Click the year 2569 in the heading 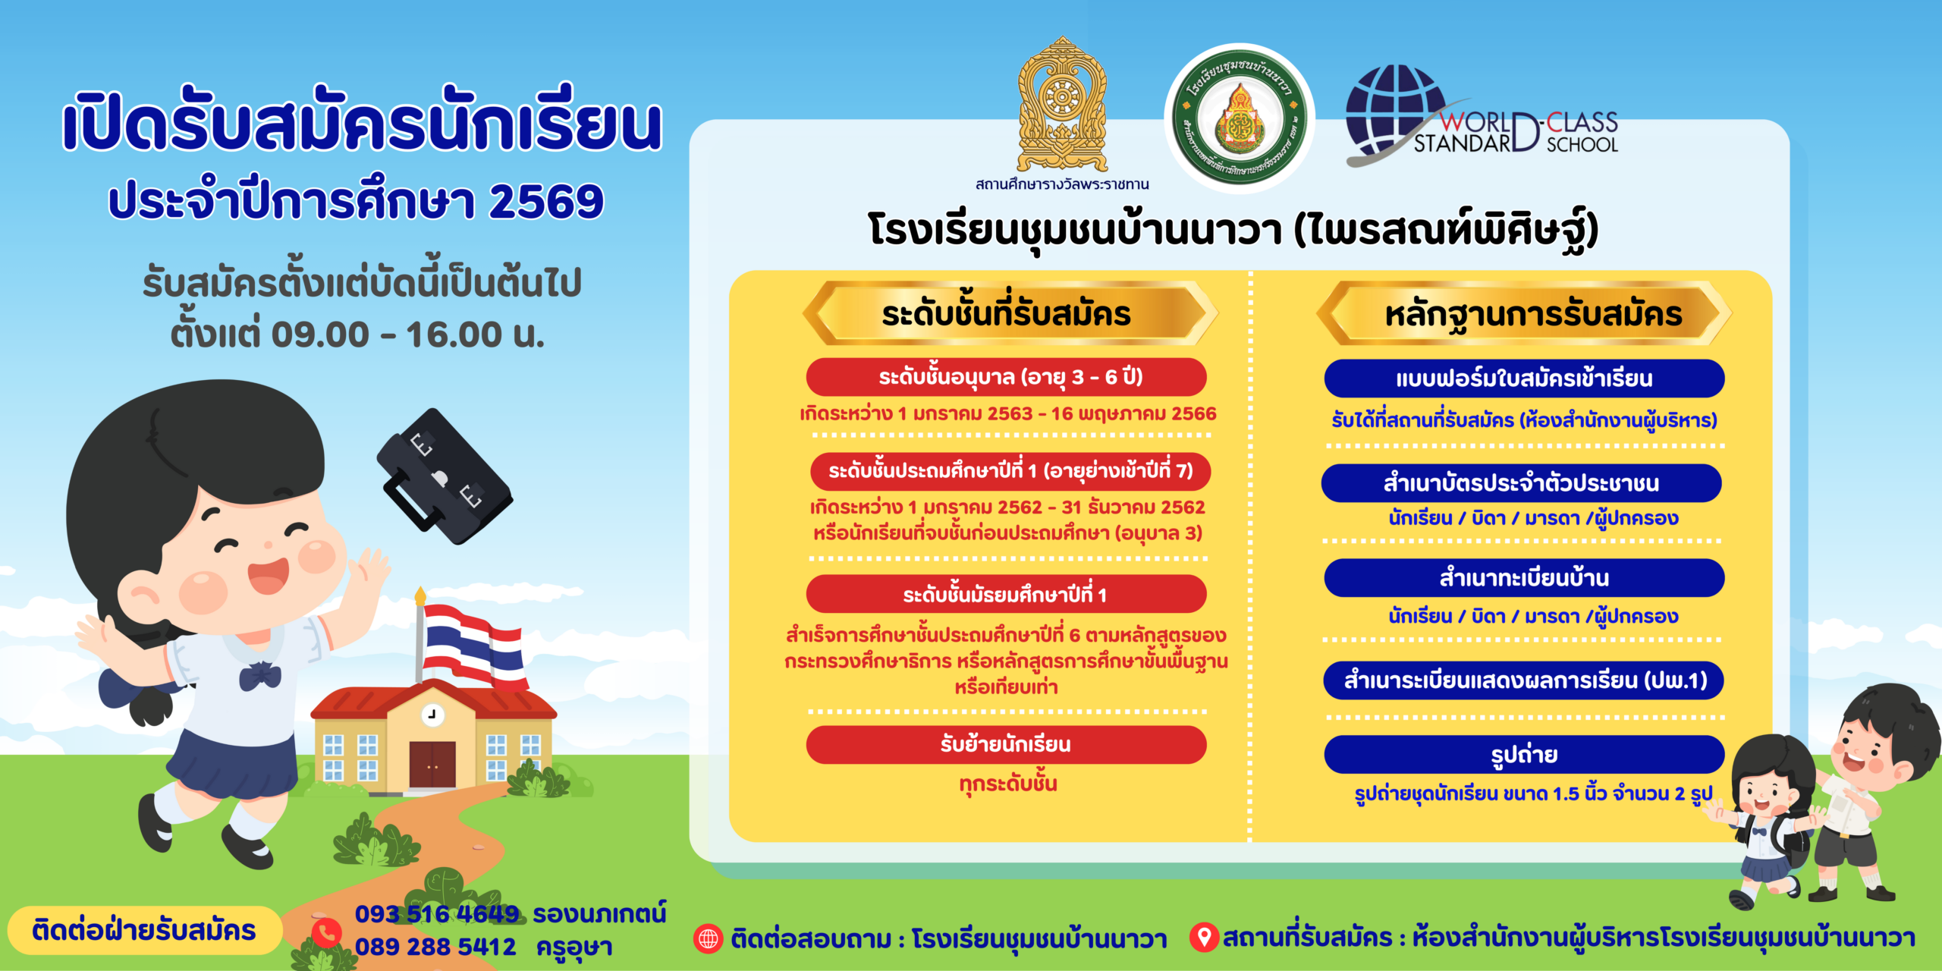(546, 202)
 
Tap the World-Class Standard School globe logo (1396, 114)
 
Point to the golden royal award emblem (1062, 106)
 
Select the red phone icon (327, 932)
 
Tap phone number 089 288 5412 (435, 947)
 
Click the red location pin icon (1203, 937)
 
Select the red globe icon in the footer (708, 938)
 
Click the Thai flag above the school (474, 645)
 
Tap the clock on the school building (432, 715)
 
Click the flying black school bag (444, 476)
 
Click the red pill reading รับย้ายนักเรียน (1006, 744)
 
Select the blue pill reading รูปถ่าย (1524, 755)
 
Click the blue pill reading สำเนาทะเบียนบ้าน (1524, 578)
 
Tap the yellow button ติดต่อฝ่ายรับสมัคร (144, 930)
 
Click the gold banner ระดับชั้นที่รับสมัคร (1007, 313)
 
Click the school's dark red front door (432, 764)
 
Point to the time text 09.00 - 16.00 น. (408, 335)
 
